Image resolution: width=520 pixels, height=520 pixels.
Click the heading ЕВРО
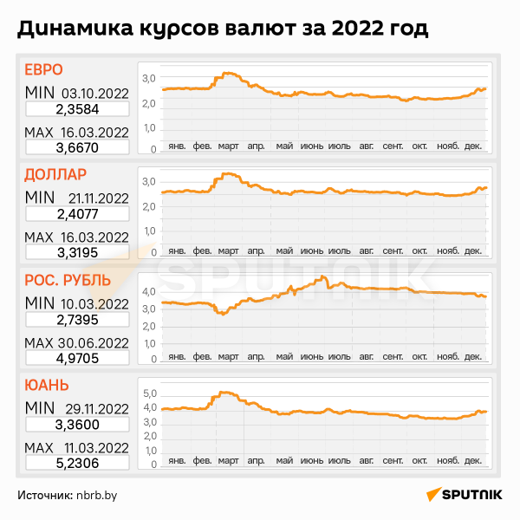tap(43, 71)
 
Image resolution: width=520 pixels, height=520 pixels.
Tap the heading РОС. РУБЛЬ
tap(67, 280)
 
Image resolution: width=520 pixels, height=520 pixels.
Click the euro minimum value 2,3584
tap(77, 108)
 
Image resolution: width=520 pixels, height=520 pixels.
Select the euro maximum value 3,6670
tap(77, 148)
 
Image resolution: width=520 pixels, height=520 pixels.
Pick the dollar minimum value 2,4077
tap(77, 213)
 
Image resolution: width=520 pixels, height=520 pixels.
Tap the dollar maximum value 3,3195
tap(77, 252)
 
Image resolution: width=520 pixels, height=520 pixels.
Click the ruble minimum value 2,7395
tap(77, 319)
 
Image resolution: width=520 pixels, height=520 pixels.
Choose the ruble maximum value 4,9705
tap(77, 358)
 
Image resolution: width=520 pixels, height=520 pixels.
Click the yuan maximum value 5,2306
tap(77, 464)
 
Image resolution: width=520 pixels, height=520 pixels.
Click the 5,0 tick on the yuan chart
tap(148, 393)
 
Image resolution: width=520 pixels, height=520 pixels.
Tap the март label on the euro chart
tap(229, 146)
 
